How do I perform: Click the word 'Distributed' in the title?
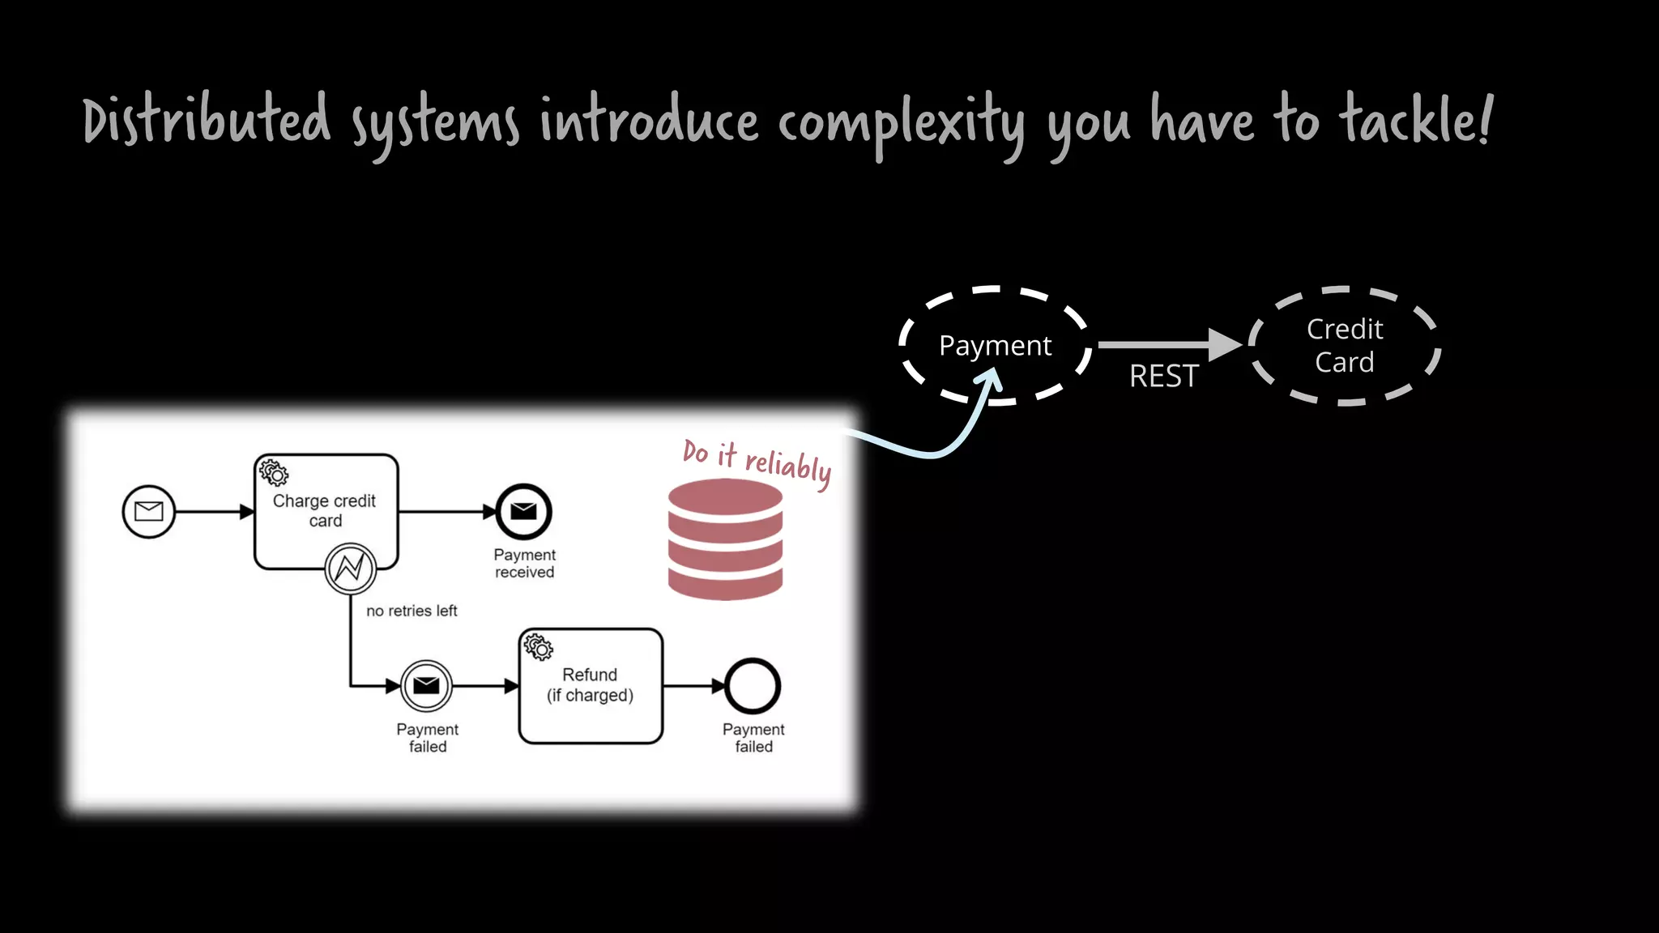point(207,120)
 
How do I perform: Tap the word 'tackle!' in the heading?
point(1414,120)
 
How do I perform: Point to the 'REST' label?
point(1163,376)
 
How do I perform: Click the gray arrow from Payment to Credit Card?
point(1166,344)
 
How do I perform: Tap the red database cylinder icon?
point(725,539)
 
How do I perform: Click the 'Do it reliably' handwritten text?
point(757,462)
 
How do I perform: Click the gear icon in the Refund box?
point(539,647)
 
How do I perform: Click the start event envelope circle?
point(148,511)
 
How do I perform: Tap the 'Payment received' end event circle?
point(524,511)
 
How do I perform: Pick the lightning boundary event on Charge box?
point(350,569)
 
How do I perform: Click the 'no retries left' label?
point(412,611)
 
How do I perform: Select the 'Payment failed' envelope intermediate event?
point(426,686)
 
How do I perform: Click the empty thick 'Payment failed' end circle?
point(753,686)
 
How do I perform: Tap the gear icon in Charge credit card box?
point(274,473)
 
